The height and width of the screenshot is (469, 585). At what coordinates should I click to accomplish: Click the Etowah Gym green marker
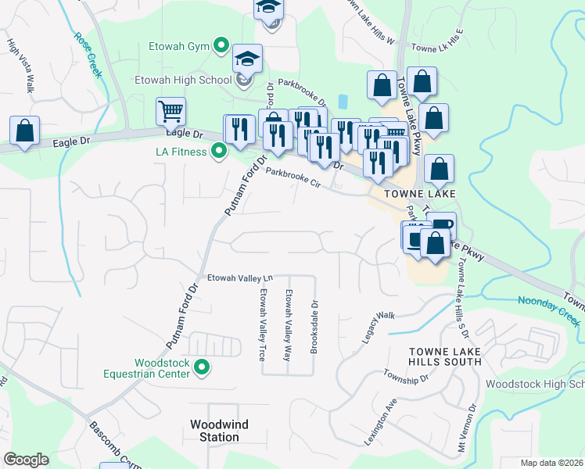click(x=221, y=45)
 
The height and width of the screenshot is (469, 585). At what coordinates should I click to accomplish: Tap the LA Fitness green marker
click(x=220, y=150)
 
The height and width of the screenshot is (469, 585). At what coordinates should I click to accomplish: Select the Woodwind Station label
click(x=219, y=431)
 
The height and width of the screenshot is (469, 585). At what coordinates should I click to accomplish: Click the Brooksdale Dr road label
click(x=314, y=328)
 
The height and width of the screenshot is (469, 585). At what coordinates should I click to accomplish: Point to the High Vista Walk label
click(x=21, y=66)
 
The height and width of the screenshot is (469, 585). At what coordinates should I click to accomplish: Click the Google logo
click(x=26, y=460)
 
